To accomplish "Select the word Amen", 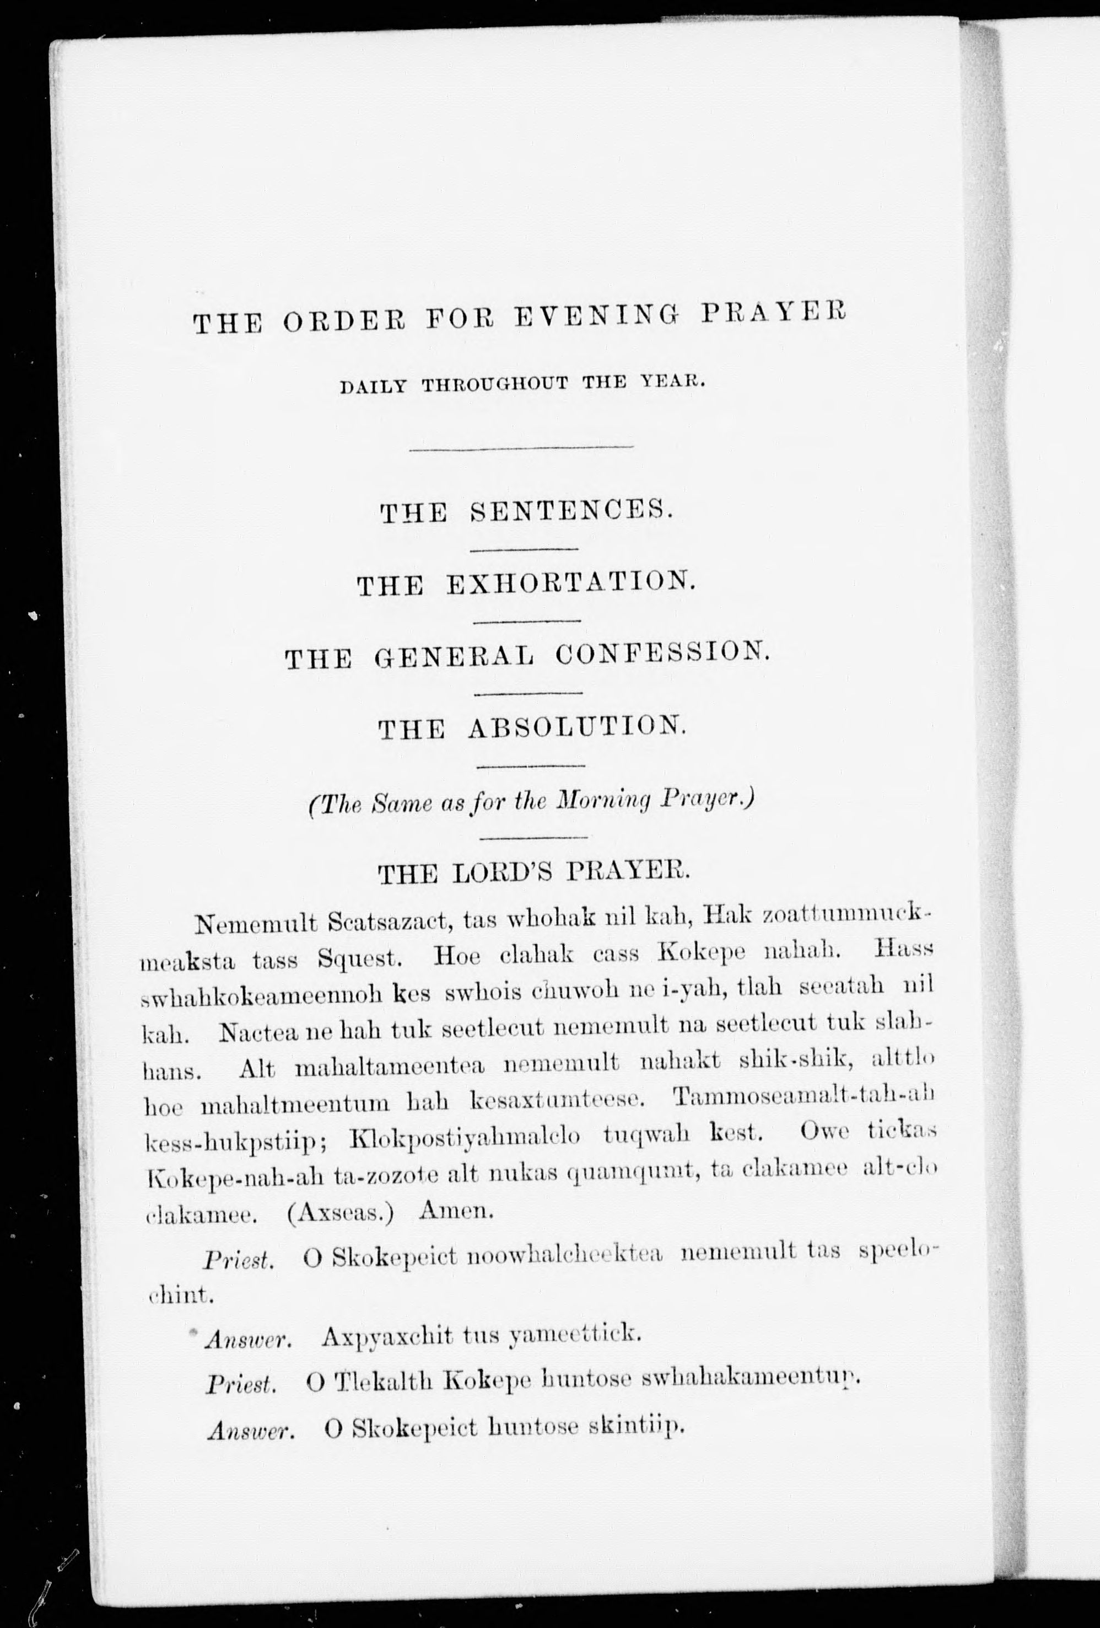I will coord(456,1211).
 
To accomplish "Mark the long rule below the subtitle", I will coord(521,447).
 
